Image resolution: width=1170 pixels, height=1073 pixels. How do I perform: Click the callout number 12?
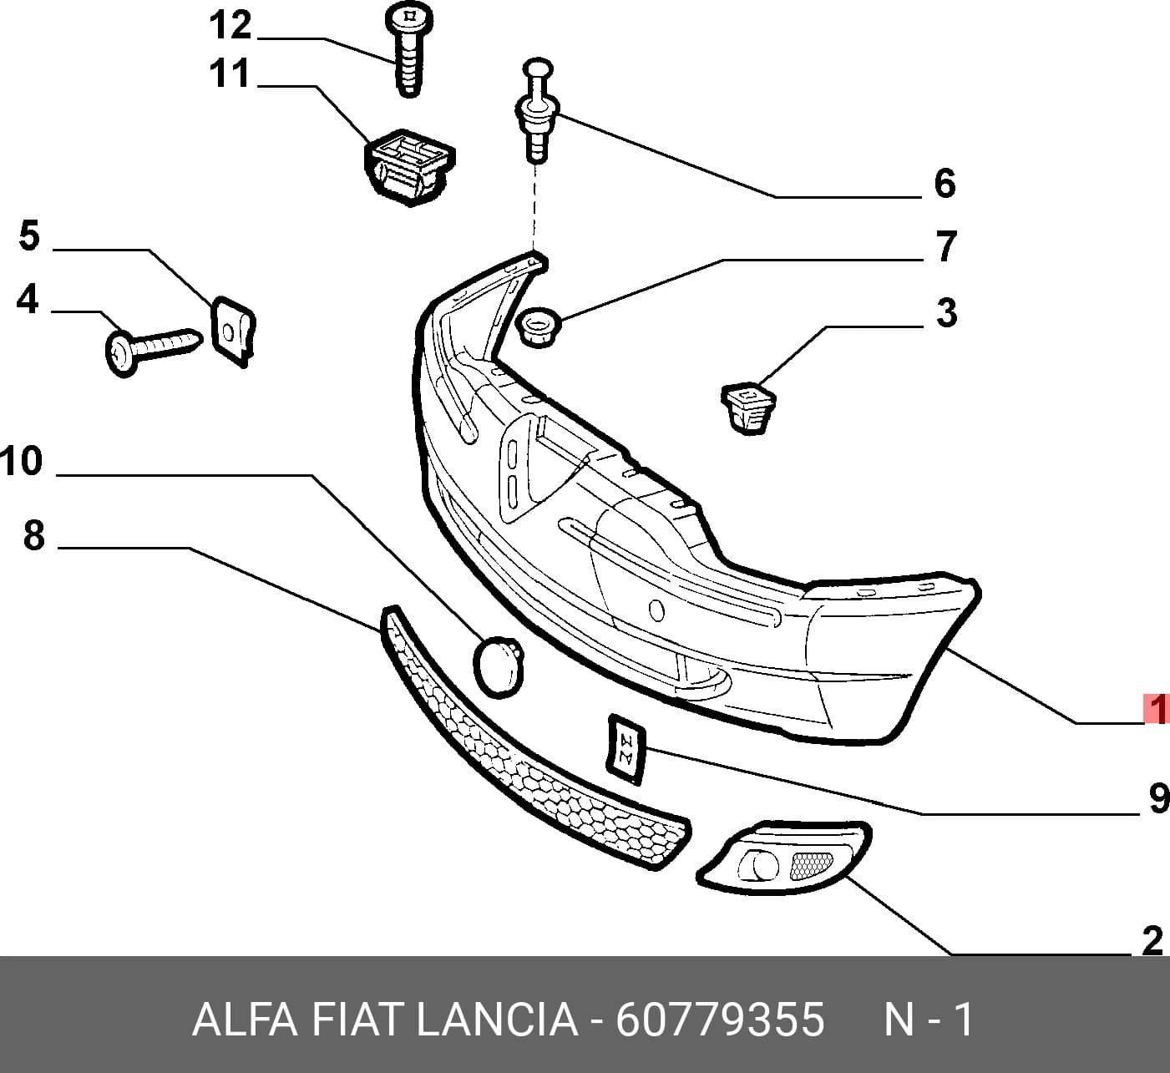tap(230, 26)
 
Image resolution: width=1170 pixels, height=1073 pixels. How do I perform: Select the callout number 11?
tap(230, 73)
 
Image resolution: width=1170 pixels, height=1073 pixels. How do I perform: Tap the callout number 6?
tap(945, 183)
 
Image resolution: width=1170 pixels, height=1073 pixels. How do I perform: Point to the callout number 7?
tap(946, 246)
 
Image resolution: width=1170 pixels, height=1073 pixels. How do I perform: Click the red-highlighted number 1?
tap(1156, 709)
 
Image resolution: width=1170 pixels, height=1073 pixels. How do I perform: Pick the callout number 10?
tap(22, 461)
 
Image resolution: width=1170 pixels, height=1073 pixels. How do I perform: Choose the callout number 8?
tap(34, 534)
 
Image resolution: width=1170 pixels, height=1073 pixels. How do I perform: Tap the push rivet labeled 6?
tap(537, 111)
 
